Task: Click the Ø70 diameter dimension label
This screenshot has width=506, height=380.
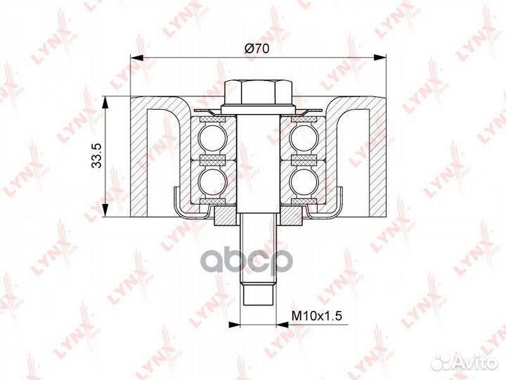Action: click(257, 49)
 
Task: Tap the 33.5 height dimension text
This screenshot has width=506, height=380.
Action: click(96, 156)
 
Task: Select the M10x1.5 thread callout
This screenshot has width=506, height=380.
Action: click(316, 315)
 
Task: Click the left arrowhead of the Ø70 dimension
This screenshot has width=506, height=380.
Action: click(136, 58)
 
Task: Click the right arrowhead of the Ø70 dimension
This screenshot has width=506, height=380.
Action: click(379, 58)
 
